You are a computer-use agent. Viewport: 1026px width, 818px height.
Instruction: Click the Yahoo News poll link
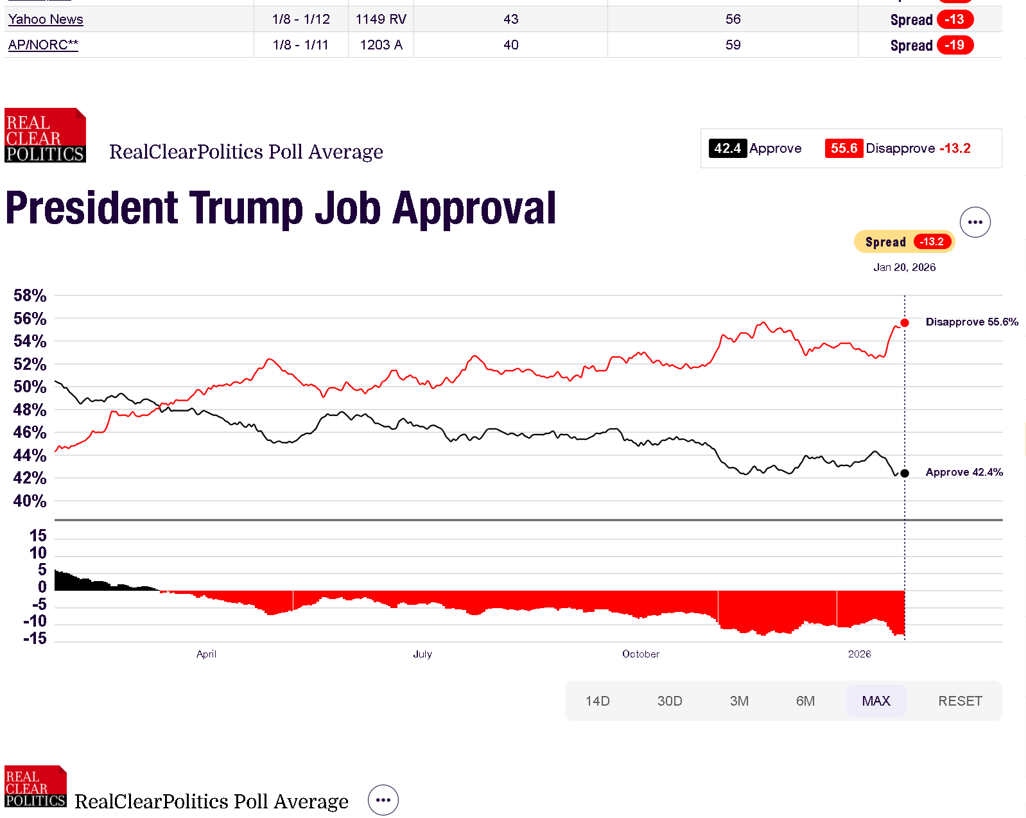click(46, 19)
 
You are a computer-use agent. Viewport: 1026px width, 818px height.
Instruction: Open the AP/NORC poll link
click(43, 45)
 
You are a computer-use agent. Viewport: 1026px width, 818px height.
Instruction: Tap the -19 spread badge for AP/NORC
click(955, 45)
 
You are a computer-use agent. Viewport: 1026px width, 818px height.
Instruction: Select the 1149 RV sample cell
click(381, 19)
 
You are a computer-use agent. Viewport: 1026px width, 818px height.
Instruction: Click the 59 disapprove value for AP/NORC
click(733, 45)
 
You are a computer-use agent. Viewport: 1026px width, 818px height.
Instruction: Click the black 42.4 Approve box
click(727, 148)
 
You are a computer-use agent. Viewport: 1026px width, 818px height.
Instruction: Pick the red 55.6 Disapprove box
click(844, 148)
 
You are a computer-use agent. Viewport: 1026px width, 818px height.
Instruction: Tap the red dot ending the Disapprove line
click(905, 323)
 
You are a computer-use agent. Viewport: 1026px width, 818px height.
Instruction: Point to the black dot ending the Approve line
click(905, 473)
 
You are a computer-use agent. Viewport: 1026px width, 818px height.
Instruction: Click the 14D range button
click(597, 701)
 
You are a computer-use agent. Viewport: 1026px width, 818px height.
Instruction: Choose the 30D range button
click(670, 701)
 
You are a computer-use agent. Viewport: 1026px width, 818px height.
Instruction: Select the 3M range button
click(739, 701)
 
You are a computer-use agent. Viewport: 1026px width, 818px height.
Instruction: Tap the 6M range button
click(805, 701)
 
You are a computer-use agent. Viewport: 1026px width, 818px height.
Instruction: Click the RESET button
click(960, 701)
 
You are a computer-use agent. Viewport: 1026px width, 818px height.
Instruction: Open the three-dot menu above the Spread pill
click(975, 222)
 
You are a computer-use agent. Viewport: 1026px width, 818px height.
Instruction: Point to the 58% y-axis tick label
click(30, 295)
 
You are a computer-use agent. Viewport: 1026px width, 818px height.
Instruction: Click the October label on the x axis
click(640, 654)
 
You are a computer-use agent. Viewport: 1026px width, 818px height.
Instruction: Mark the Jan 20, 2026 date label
click(904, 267)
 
